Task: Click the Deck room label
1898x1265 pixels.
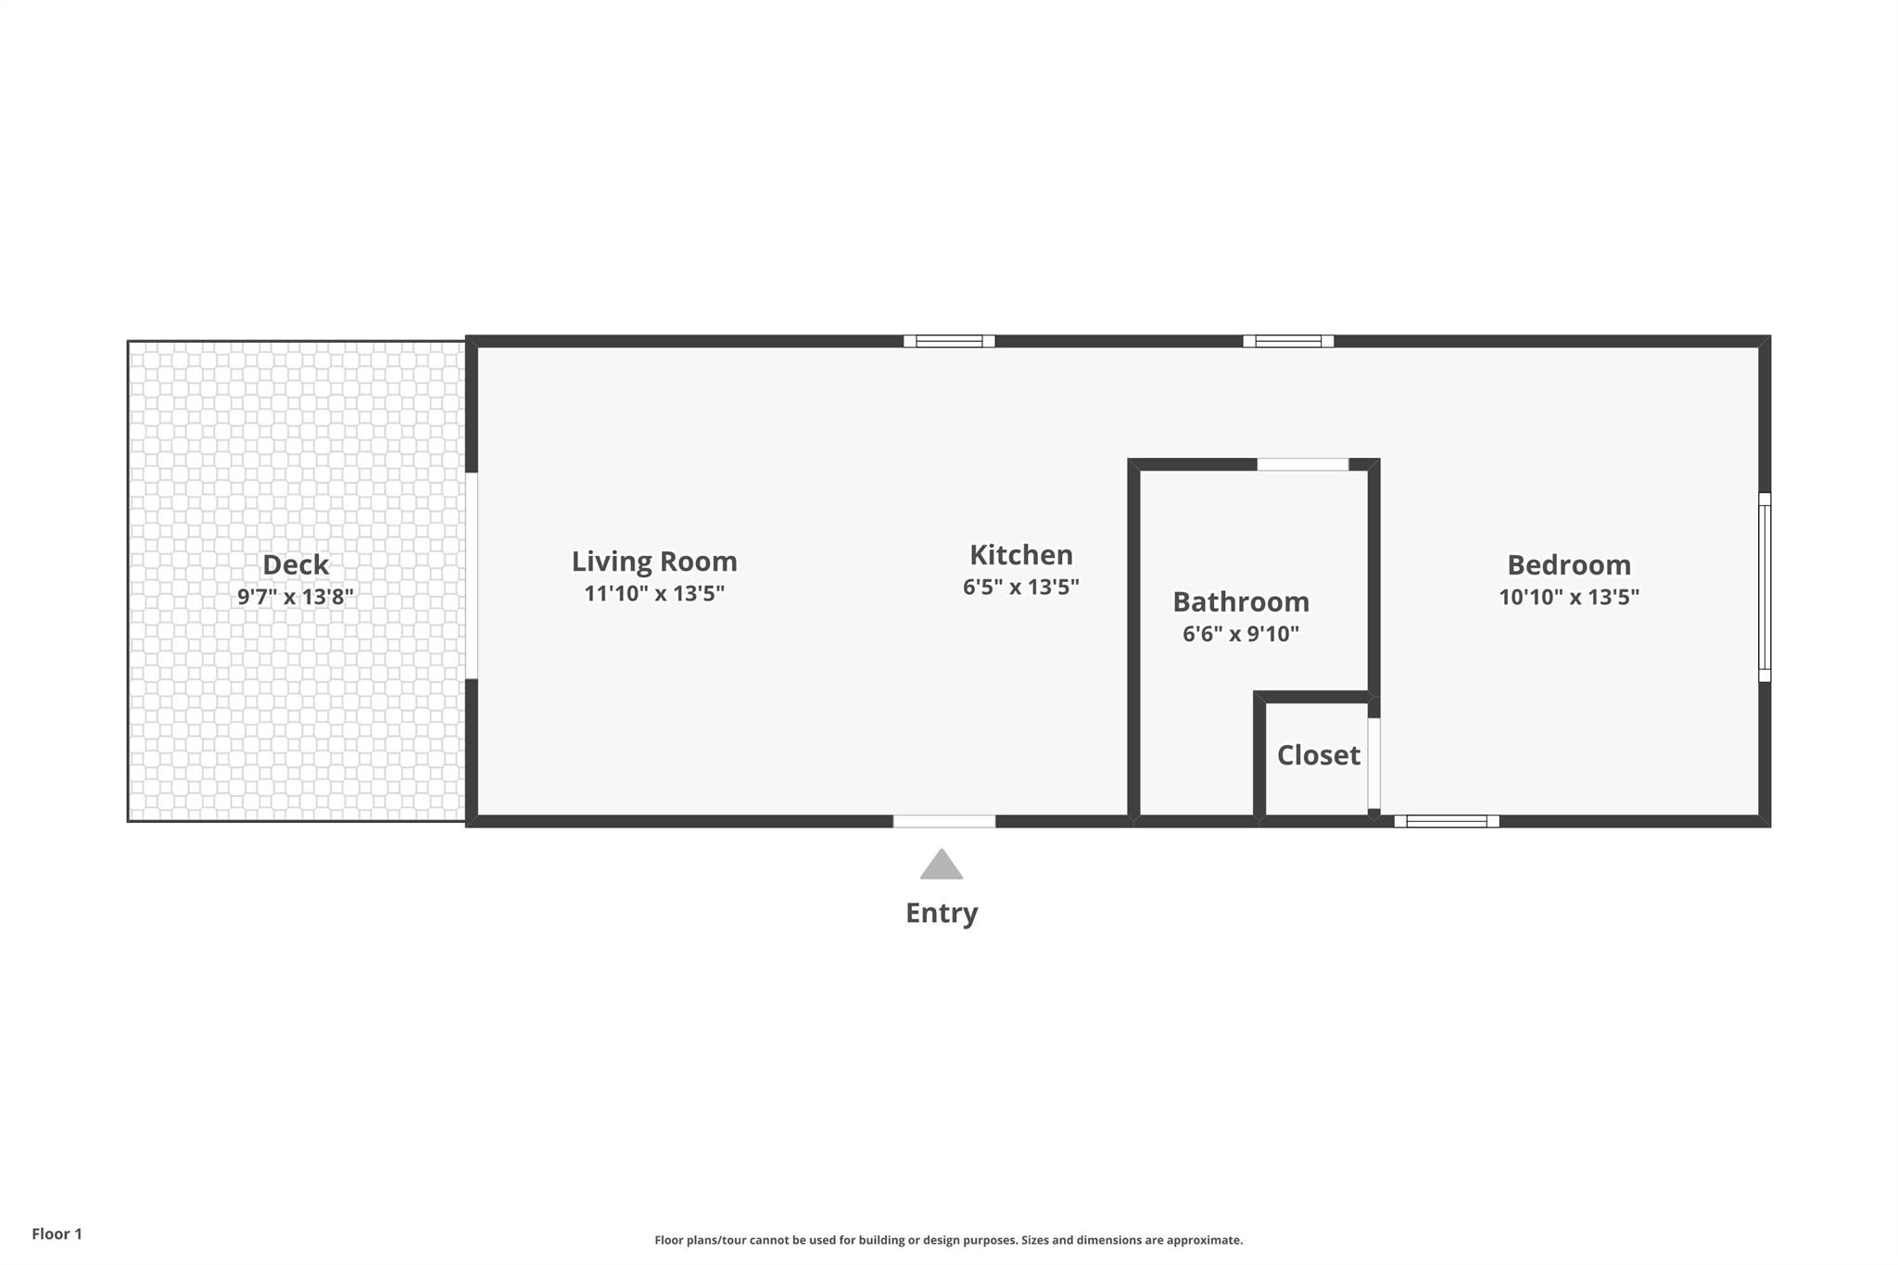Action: [x=296, y=564]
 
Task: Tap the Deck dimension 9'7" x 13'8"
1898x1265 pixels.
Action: [x=296, y=597]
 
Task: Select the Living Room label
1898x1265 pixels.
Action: [x=654, y=562]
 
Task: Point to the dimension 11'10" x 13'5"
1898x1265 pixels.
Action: [x=654, y=594]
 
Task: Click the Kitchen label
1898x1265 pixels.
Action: [x=1021, y=555]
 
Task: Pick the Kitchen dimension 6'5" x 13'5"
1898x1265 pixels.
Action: [x=1021, y=588]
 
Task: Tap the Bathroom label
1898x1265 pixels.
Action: [x=1241, y=602]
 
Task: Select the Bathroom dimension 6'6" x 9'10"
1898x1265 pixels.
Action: [x=1241, y=635]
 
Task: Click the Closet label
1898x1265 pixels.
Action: [x=1318, y=755]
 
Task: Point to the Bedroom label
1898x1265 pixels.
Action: [x=1569, y=565]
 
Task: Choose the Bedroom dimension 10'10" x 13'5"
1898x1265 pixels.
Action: [x=1569, y=597]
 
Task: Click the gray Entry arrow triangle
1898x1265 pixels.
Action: [x=942, y=867]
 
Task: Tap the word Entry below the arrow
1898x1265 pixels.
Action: [x=942, y=914]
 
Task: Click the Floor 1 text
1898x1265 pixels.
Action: [x=57, y=1234]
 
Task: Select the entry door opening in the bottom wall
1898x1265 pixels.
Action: [x=944, y=821]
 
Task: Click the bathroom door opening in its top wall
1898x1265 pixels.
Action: [x=1302, y=464]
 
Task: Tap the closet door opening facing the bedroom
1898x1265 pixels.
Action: [x=1374, y=764]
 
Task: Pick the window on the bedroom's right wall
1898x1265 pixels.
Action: [x=1765, y=588]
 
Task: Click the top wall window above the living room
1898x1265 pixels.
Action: [x=949, y=341]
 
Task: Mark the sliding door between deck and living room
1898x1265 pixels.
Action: [x=471, y=576]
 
